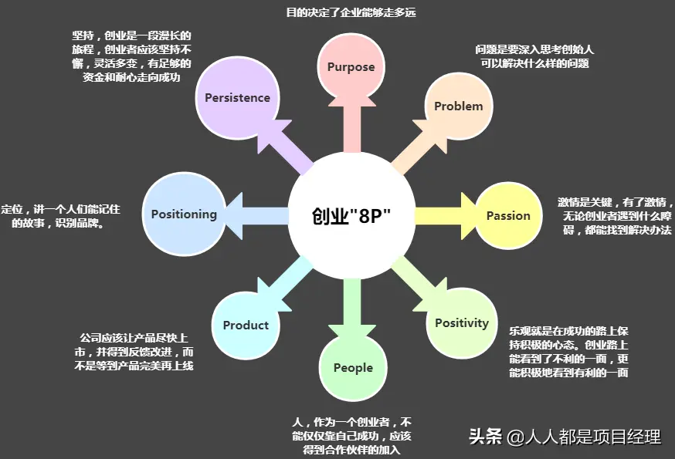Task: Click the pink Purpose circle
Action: tap(351, 66)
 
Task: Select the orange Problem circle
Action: tap(459, 106)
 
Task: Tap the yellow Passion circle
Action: tap(508, 216)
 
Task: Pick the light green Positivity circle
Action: tap(461, 323)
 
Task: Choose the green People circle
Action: tap(353, 368)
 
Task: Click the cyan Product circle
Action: tap(246, 325)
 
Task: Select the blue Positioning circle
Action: tap(184, 214)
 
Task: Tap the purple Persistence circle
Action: tap(237, 98)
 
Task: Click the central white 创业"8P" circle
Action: tap(351, 215)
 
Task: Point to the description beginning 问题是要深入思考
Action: tap(534, 56)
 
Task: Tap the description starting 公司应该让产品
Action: tap(136, 352)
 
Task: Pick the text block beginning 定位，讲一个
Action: tap(61, 217)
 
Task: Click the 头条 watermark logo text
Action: tap(485, 437)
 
